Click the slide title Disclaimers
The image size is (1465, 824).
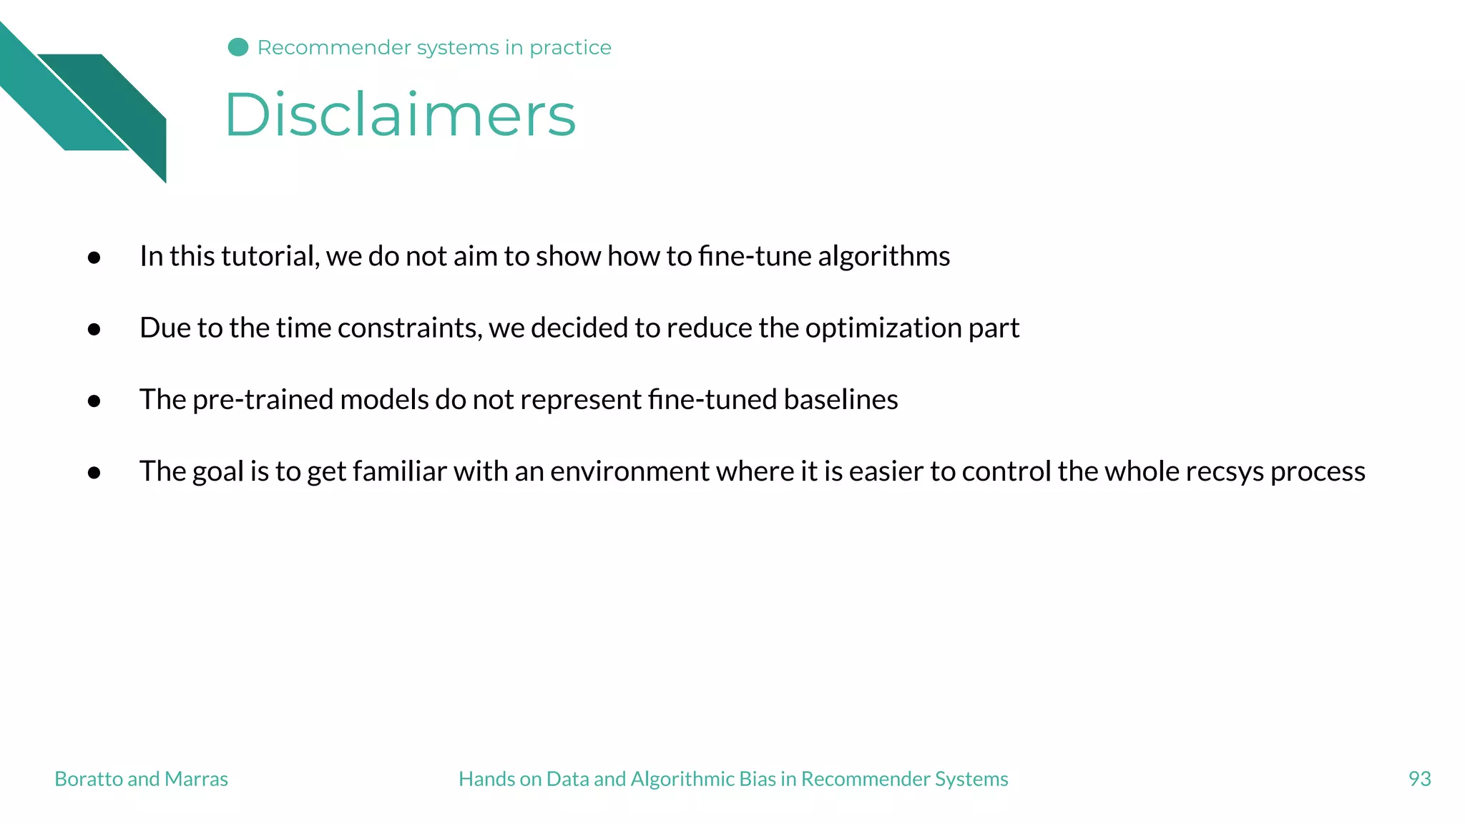[400, 114]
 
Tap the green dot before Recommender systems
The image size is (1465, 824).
[238, 47]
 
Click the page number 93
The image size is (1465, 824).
[1419, 778]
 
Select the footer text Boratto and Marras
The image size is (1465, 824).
[141, 778]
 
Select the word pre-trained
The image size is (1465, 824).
[263, 399]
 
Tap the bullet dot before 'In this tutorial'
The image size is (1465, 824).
[94, 257]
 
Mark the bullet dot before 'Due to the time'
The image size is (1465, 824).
[94, 329]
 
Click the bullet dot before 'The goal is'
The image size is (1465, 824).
[94, 473]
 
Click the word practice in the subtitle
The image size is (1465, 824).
[570, 48]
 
